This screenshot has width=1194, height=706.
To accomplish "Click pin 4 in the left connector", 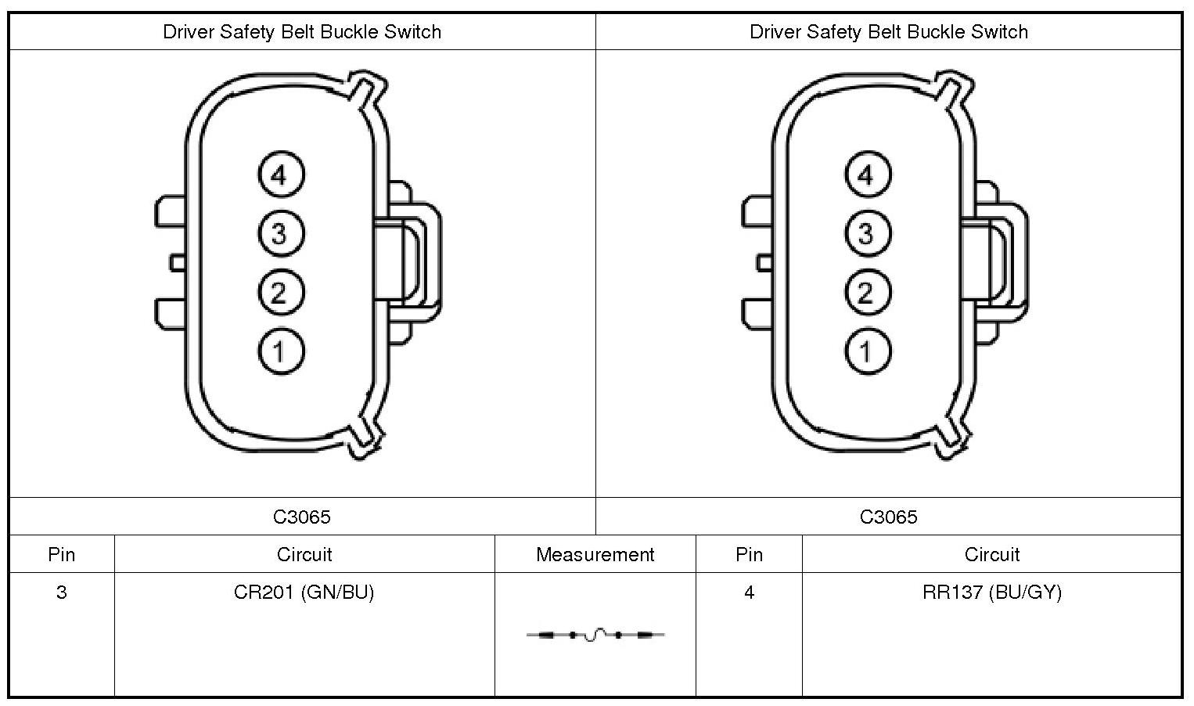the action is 279,175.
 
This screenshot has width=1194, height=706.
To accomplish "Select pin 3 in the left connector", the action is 279,233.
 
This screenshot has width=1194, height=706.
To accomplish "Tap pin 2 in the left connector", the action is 279,292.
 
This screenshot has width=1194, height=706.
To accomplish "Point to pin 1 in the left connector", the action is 279,351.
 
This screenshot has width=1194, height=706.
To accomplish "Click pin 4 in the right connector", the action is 866,175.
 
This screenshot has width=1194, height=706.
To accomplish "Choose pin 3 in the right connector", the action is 866,233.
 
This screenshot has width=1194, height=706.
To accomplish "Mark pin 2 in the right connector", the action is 866,292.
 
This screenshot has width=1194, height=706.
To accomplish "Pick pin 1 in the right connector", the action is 866,351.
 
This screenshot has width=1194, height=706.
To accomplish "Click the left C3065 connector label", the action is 302,517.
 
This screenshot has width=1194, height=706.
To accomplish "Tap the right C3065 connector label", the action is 888,517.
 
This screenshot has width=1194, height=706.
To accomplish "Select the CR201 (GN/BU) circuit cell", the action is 304,593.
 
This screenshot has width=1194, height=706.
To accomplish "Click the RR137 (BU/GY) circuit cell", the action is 992,593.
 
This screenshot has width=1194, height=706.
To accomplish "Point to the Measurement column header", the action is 595,555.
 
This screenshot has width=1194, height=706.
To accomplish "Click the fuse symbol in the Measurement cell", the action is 595,635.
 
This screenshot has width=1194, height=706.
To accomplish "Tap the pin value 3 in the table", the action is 62,593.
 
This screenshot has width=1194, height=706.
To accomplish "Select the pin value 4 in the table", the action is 749,593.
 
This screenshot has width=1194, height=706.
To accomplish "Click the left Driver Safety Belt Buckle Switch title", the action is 302,32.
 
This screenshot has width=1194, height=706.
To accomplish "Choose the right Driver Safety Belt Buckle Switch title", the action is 888,32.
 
